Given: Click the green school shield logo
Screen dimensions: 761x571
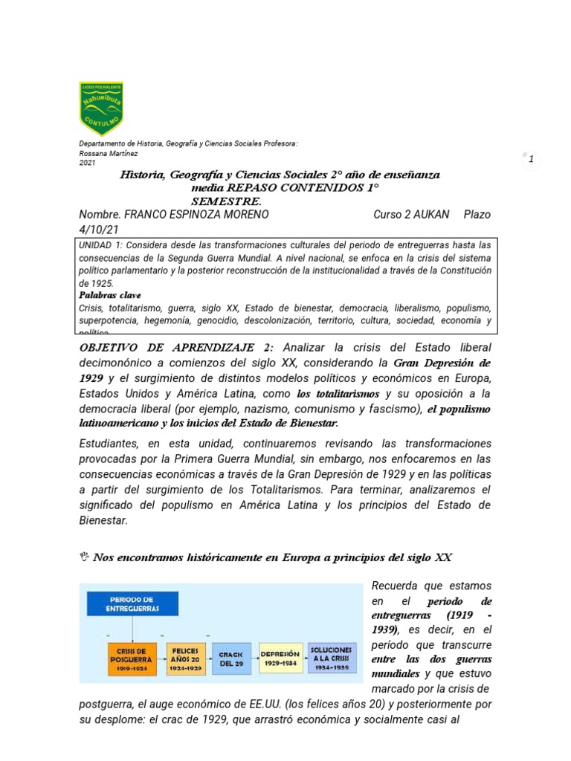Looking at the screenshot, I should coord(101,108).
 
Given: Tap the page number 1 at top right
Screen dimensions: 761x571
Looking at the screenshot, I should coord(531,159).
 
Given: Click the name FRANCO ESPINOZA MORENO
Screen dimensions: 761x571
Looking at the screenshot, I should coord(196,214).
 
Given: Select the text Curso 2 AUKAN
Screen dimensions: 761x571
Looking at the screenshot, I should coord(411,214).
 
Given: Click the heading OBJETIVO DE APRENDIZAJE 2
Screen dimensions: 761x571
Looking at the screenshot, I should coord(176,349).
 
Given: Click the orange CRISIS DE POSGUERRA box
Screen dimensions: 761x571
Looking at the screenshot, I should coord(132,658).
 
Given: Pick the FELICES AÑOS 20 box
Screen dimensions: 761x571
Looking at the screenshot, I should coord(185,658).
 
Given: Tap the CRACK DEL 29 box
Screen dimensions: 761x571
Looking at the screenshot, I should coord(232,658).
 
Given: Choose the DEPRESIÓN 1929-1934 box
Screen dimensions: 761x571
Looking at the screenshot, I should coord(281,658).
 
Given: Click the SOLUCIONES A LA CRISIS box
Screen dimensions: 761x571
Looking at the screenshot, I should coord(332,658).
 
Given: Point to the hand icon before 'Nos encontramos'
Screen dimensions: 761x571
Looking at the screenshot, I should coord(83,559).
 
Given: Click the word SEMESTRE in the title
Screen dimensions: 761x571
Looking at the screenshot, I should coord(226,201).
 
